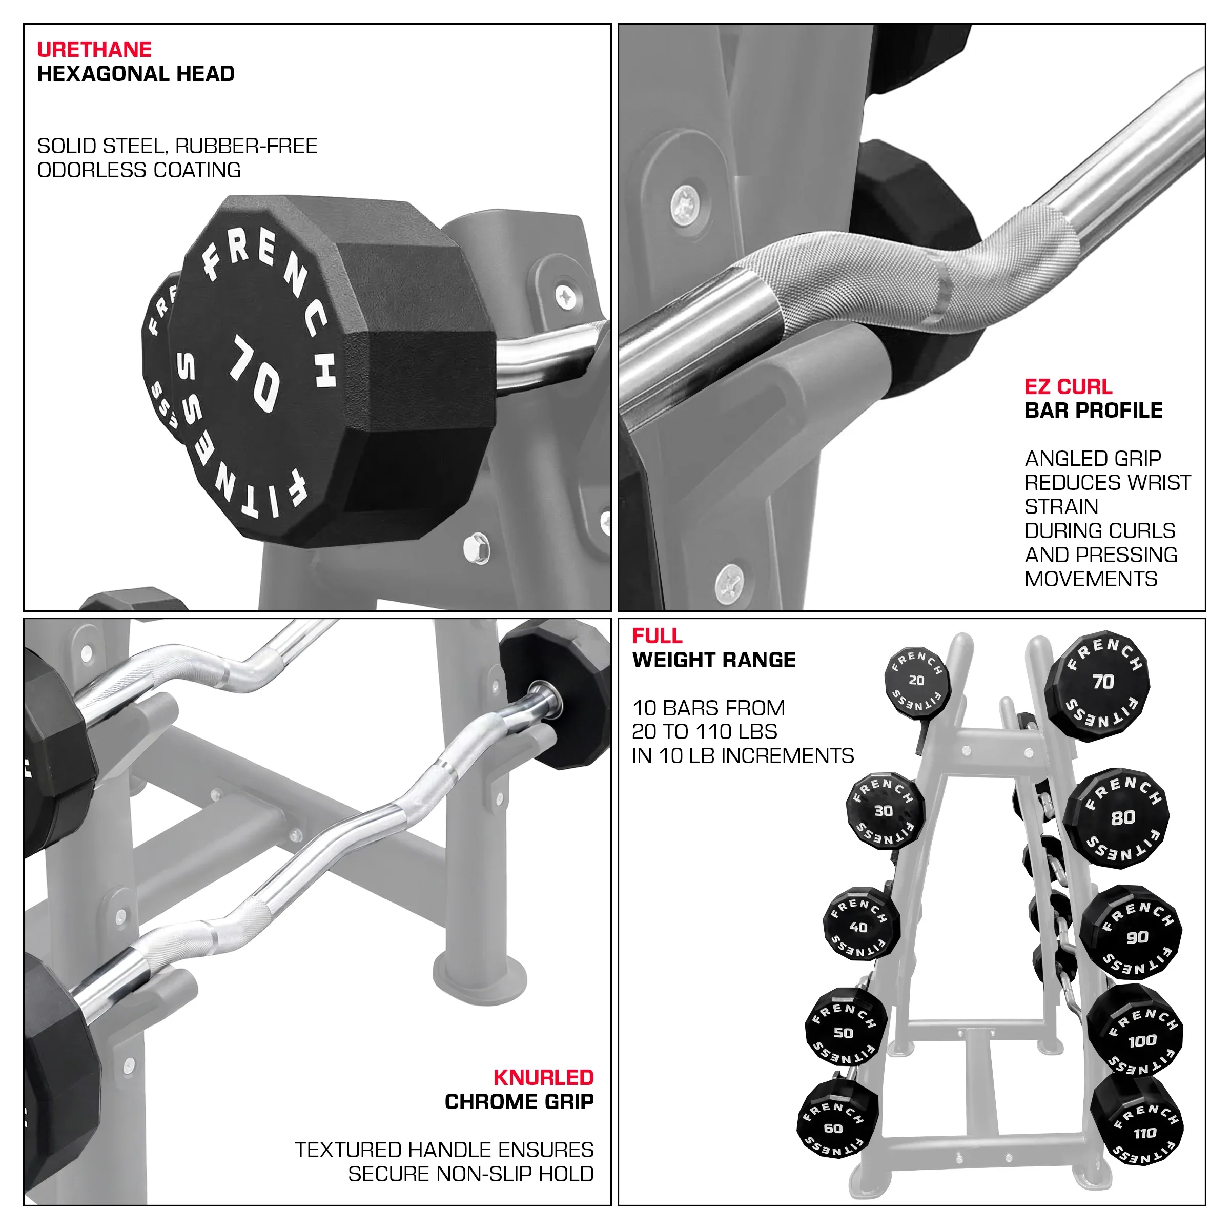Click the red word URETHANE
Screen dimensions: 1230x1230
tap(94, 50)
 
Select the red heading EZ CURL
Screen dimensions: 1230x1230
tap(1068, 386)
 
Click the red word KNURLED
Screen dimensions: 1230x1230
tap(543, 1077)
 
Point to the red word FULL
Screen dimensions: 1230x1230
tap(657, 635)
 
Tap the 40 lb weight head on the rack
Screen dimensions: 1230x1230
tap(861, 924)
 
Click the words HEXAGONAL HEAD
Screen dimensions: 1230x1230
tap(136, 74)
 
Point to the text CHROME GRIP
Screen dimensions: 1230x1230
tap(519, 1101)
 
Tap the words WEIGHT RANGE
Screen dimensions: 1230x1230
tap(714, 660)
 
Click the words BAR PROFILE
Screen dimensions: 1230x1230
tap(1093, 411)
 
